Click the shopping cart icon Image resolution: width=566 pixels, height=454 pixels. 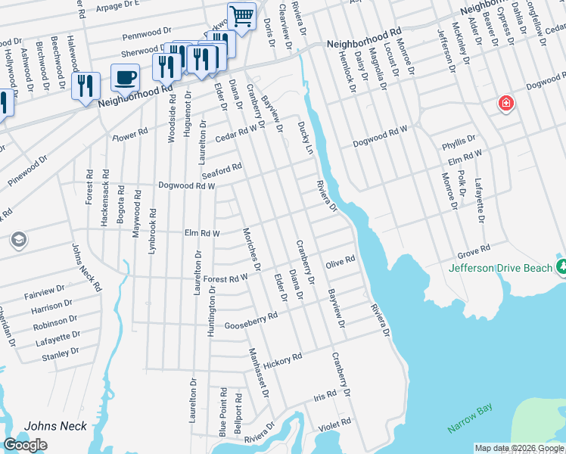(x=241, y=15)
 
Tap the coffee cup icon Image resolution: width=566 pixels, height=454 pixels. (x=125, y=77)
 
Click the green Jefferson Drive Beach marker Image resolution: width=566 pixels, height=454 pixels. (x=561, y=266)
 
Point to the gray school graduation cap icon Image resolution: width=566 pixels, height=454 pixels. (x=18, y=241)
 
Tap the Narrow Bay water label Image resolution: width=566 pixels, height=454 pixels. (x=470, y=418)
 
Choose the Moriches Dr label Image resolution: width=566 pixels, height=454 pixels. (x=251, y=249)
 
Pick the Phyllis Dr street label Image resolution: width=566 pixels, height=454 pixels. (x=459, y=139)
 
